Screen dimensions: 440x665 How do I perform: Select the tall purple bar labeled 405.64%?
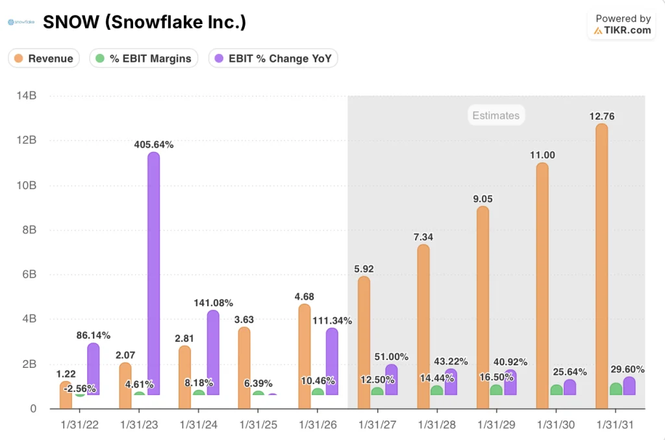[153, 273]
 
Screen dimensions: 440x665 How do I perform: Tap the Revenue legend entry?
[44, 58]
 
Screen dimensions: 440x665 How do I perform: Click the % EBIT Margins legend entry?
[144, 58]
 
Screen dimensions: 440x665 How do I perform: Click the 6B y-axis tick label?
[29, 274]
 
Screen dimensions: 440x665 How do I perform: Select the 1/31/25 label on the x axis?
[258, 424]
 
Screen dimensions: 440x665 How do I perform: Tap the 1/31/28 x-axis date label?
[437, 424]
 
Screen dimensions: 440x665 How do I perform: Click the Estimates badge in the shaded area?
[496, 116]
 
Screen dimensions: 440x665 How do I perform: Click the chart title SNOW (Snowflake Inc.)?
[144, 23]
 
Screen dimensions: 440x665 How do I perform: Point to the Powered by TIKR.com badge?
[622, 25]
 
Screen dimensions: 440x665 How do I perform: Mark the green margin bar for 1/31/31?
[616, 389]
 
